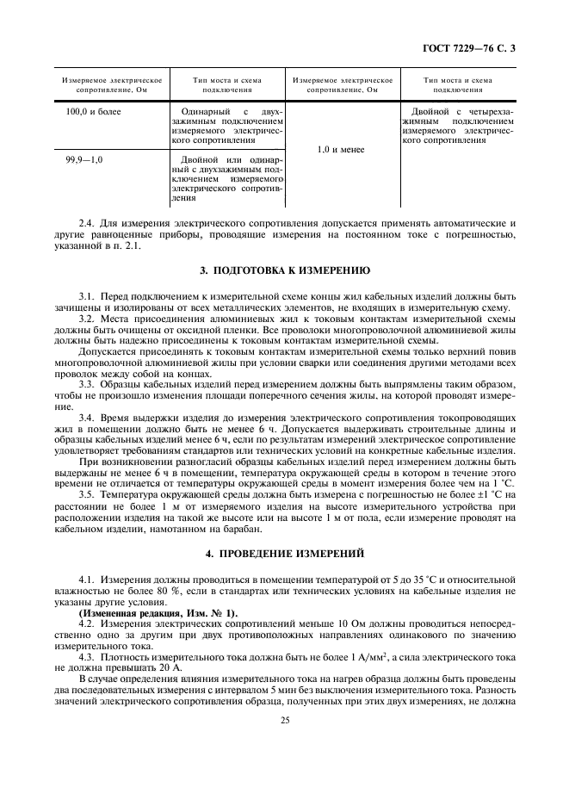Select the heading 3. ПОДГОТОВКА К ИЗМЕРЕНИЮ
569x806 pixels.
pyautogui.click(x=284, y=269)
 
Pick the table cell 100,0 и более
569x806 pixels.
pyautogui.click(x=93, y=112)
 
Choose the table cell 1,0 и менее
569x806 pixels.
pyautogui.click(x=342, y=149)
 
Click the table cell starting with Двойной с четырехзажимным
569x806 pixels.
pyautogui.click(x=458, y=125)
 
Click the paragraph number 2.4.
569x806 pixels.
pyautogui.click(x=86, y=222)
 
